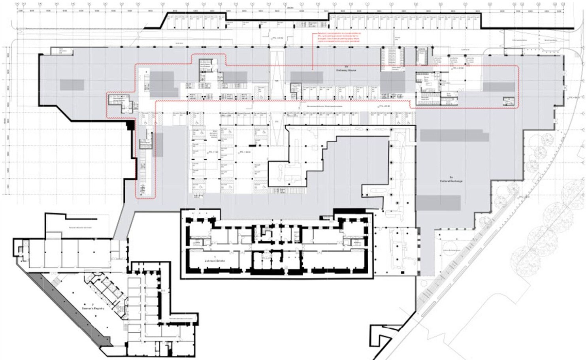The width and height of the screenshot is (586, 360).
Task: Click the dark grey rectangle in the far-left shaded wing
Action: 72,85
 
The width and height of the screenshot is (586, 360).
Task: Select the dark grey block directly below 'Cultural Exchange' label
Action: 439,203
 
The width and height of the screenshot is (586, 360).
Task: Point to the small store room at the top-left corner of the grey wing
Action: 61,51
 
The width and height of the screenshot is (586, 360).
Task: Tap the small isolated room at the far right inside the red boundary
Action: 508,102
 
